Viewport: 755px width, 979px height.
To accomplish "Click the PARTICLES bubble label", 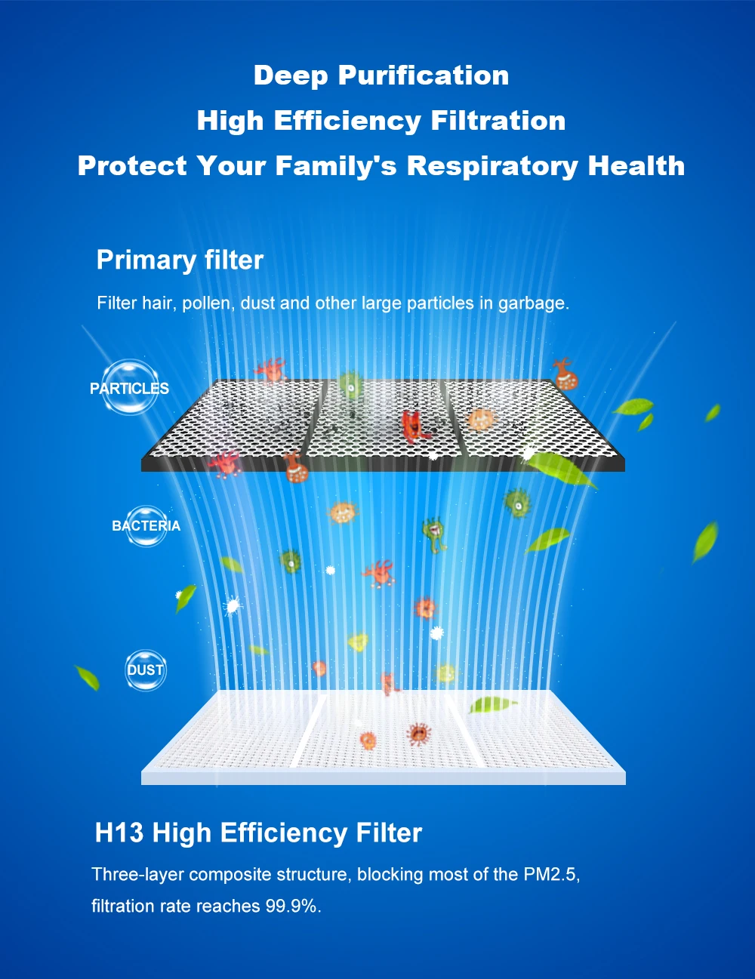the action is pyautogui.click(x=129, y=389).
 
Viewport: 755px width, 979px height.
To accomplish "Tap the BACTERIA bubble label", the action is pyautogui.click(x=146, y=526).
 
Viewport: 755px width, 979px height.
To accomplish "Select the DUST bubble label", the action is pyautogui.click(x=145, y=670).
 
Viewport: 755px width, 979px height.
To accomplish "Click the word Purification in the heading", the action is pyautogui.click(x=424, y=75).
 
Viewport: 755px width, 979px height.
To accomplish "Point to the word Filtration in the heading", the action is pyautogui.click(x=498, y=121).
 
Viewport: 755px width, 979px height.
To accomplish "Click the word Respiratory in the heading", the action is pyautogui.click(x=492, y=167).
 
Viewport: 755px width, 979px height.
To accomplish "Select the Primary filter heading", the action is pyautogui.click(x=180, y=260).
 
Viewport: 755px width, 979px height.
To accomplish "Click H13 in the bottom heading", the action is pyautogui.click(x=119, y=833).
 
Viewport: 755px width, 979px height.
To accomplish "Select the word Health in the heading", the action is pyautogui.click(x=636, y=166).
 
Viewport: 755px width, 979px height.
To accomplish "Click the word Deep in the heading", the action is pyautogui.click(x=291, y=75).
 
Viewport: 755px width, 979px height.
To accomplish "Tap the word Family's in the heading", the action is pyautogui.click(x=336, y=166).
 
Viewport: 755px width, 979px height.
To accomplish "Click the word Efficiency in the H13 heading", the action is pyautogui.click(x=283, y=833).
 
